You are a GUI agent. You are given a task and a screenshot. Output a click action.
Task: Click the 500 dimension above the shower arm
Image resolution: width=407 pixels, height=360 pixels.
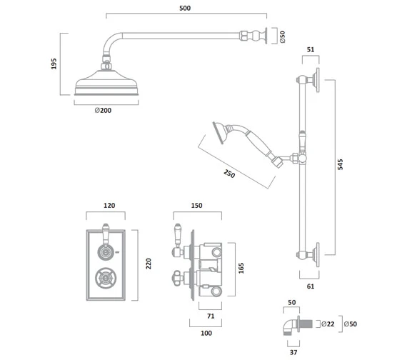point(186,8)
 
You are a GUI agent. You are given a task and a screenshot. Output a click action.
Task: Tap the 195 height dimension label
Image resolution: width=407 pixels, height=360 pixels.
point(55,64)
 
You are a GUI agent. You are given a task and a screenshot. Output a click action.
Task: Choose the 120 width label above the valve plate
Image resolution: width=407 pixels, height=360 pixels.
point(109,205)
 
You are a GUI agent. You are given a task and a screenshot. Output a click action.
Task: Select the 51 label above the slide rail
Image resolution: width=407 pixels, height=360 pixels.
point(309,49)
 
